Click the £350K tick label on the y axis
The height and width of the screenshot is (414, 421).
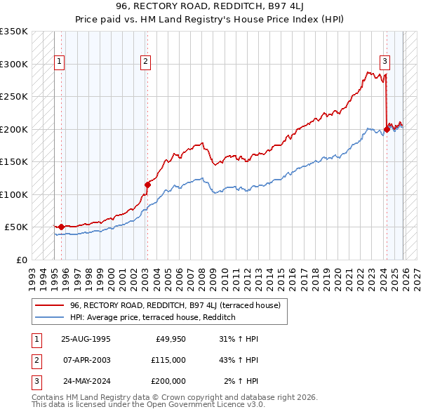(x=14, y=32)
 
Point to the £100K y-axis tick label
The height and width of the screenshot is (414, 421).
(x=14, y=194)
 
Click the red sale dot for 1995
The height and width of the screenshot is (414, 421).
(x=61, y=227)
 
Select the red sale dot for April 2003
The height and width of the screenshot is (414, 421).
(x=147, y=185)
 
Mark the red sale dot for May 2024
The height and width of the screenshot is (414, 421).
(x=387, y=129)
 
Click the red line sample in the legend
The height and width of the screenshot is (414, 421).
(x=49, y=305)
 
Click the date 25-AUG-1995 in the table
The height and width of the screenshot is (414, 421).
(x=86, y=339)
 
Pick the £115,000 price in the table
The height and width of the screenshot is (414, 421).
(x=168, y=360)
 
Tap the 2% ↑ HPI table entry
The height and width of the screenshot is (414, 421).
(x=241, y=381)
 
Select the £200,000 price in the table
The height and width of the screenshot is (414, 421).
(x=168, y=381)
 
